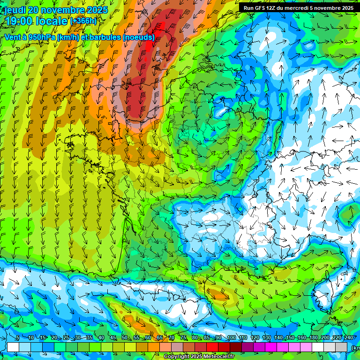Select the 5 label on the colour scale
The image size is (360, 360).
pos(17,338)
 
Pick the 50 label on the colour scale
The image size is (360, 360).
pos(124,338)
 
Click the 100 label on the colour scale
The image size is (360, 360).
pos(231,338)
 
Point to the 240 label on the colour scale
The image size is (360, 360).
pos(348,338)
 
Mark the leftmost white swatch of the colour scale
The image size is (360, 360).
pos(13,347)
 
